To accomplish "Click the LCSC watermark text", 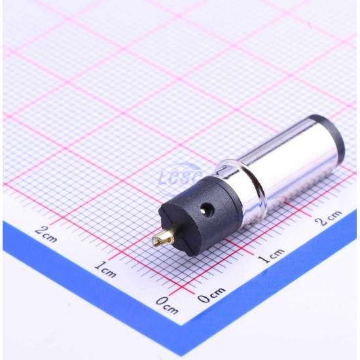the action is pyautogui.click(x=180, y=177).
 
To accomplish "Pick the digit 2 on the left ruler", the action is pyautogui.click(x=41, y=230).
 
